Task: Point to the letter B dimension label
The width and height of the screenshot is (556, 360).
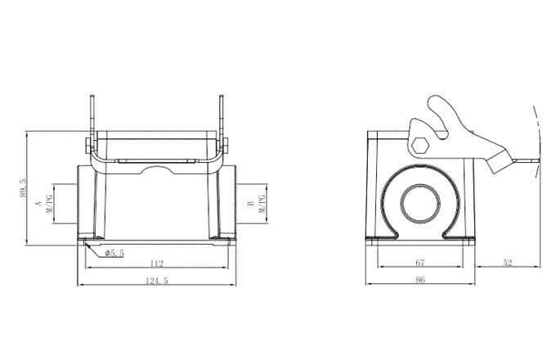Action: [x=250, y=202]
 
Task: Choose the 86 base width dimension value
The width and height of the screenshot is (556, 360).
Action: [x=419, y=281]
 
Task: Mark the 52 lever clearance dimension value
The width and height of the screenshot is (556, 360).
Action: [x=507, y=263]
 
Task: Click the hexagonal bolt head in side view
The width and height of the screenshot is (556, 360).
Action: [x=421, y=145]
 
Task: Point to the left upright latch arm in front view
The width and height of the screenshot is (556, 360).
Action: [x=91, y=119]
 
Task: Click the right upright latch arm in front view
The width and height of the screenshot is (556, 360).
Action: [x=222, y=119]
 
